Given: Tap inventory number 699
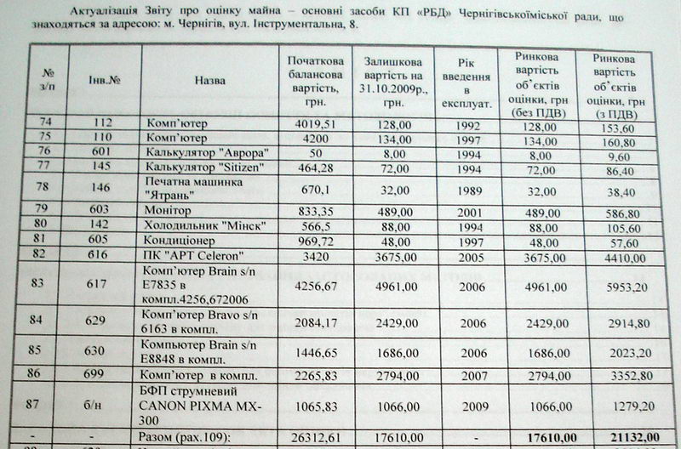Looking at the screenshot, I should (x=100, y=373).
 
